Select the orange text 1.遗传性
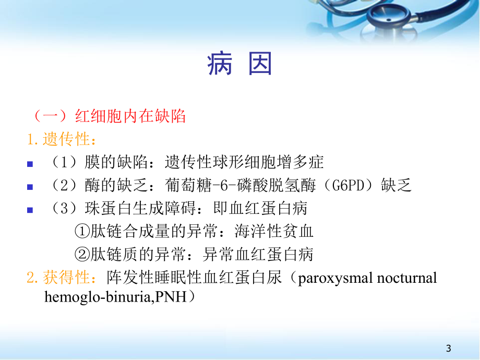[62, 139]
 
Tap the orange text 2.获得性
[62, 277]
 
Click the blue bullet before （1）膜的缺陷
[30, 163]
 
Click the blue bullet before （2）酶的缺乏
[30, 186]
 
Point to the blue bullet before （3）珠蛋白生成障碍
[30, 210]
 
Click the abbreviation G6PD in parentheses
[355, 185]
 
